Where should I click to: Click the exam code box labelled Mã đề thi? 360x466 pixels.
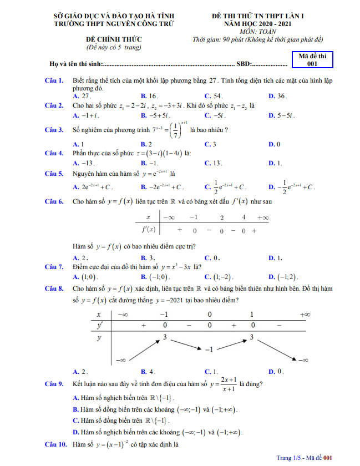click(x=312, y=60)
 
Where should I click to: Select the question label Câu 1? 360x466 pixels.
click(x=55, y=80)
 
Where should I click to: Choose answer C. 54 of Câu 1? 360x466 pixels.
click(x=214, y=96)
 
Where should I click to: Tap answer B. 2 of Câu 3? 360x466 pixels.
click(x=147, y=144)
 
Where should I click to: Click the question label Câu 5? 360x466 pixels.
click(x=55, y=173)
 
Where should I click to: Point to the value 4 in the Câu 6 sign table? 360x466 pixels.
click(x=243, y=217)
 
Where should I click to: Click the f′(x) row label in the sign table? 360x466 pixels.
click(x=148, y=229)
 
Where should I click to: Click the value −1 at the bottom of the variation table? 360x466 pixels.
click(x=209, y=349)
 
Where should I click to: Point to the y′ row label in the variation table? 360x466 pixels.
click(x=100, y=325)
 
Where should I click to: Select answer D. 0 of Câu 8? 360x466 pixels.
click(x=276, y=371)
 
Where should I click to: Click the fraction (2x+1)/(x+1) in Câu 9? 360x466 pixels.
click(x=228, y=383)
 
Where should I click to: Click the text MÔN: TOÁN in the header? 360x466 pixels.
click(x=257, y=32)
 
